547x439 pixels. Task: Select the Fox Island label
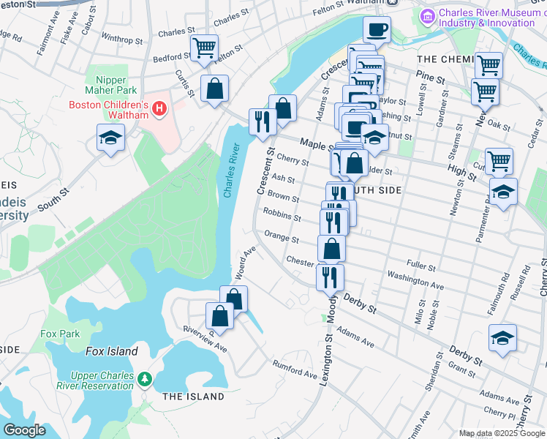[x=111, y=351]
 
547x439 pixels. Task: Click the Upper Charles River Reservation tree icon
[x=146, y=378]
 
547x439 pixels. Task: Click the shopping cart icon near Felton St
[x=204, y=49]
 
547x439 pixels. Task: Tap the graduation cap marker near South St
[x=110, y=137]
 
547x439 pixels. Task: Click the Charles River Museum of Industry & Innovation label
[x=486, y=18]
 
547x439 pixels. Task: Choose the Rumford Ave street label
[x=295, y=371]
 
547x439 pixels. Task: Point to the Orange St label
[x=282, y=239]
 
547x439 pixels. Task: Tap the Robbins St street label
[x=282, y=217]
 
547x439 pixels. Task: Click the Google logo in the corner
[x=25, y=430]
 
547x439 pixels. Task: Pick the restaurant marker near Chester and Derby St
[x=330, y=277]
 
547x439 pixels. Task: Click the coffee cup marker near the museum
[x=377, y=30]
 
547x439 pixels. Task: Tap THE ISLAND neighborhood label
[x=193, y=397]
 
